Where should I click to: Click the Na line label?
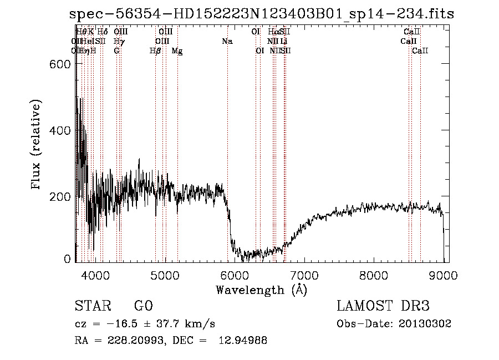(x=227, y=41)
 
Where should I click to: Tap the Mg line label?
(x=177, y=51)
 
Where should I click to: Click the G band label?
(x=116, y=51)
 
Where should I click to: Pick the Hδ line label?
(x=103, y=32)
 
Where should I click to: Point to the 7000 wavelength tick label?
(x=304, y=275)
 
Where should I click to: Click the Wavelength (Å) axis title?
(x=261, y=290)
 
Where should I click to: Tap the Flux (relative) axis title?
(x=37, y=145)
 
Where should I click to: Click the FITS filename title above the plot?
(x=262, y=14)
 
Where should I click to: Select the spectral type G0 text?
(x=143, y=306)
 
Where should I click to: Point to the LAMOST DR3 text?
(x=383, y=306)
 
